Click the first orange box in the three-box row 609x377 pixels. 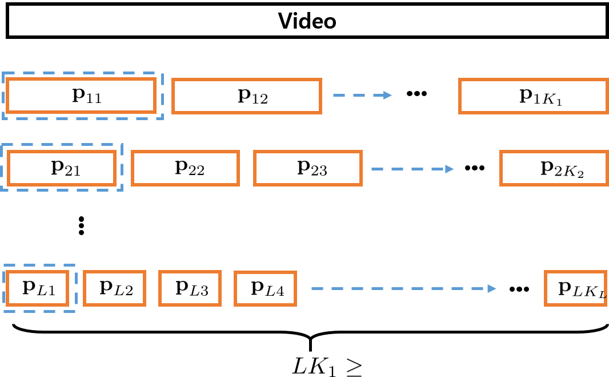coord(81,96)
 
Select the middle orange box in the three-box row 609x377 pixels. coord(246,96)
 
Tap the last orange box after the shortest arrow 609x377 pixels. coord(533,96)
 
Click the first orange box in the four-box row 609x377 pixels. coord(61,168)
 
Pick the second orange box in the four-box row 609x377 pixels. coord(185,168)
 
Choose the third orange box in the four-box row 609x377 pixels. coord(308,168)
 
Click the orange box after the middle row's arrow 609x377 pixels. coord(554,168)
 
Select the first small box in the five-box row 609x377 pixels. coord(37,288)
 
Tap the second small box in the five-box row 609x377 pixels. coord(114,288)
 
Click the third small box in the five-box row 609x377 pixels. coord(190,288)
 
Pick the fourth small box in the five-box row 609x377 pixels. coord(265,289)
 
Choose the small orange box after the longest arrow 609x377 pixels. coord(575,288)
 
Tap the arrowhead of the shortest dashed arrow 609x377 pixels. coord(388,95)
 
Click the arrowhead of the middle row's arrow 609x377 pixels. coord(450,169)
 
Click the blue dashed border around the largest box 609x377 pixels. coord(83,73)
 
